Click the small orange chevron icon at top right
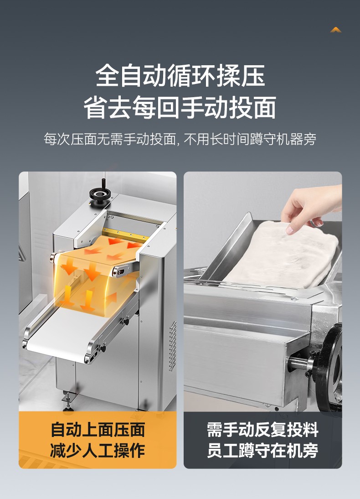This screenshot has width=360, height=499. [336, 30]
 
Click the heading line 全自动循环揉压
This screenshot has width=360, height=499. [180, 76]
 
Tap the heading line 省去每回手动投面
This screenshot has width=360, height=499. [180, 108]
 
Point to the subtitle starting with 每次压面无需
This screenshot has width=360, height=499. [180, 139]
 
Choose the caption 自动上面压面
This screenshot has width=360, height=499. [98, 430]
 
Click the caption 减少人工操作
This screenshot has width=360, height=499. [98, 450]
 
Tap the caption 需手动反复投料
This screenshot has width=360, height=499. [262, 430]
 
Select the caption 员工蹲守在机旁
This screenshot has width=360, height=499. [262, 450]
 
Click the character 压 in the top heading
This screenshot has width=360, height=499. [253, 76]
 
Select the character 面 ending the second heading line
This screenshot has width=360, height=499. [265, 108]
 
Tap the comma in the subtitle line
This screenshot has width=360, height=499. [177, 144]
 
